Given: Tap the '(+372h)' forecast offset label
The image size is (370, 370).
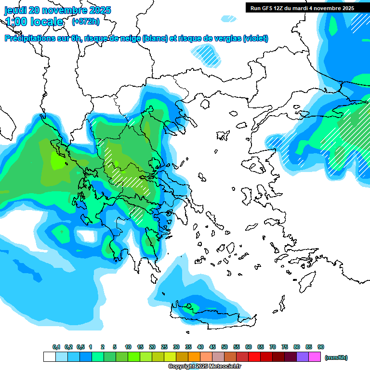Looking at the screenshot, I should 85,22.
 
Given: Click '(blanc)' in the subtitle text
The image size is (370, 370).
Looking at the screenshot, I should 154,39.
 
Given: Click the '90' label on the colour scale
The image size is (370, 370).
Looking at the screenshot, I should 321,347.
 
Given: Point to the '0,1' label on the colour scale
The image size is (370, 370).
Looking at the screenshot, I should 56,347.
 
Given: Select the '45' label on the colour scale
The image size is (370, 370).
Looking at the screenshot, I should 212,347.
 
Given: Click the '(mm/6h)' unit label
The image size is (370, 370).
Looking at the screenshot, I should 336,357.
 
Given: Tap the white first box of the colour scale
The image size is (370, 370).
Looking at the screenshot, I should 49,357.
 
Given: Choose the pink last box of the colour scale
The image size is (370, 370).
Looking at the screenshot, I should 315,357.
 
